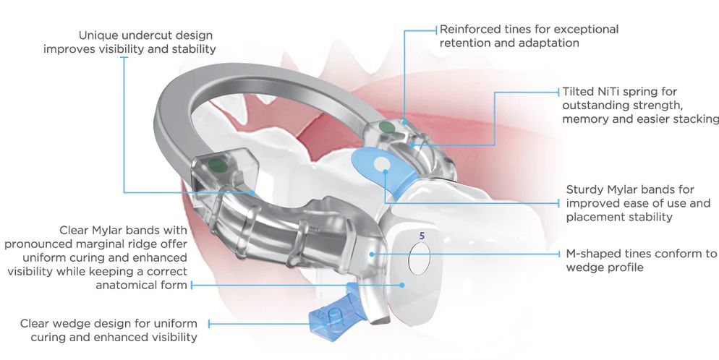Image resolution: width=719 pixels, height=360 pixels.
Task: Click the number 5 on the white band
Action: tap(422, 236)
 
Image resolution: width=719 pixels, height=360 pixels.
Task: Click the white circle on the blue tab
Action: tap(380, 163)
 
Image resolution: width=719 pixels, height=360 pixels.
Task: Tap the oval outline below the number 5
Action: tap(420, 259)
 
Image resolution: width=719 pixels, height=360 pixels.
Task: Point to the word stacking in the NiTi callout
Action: tap(696, 119)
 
